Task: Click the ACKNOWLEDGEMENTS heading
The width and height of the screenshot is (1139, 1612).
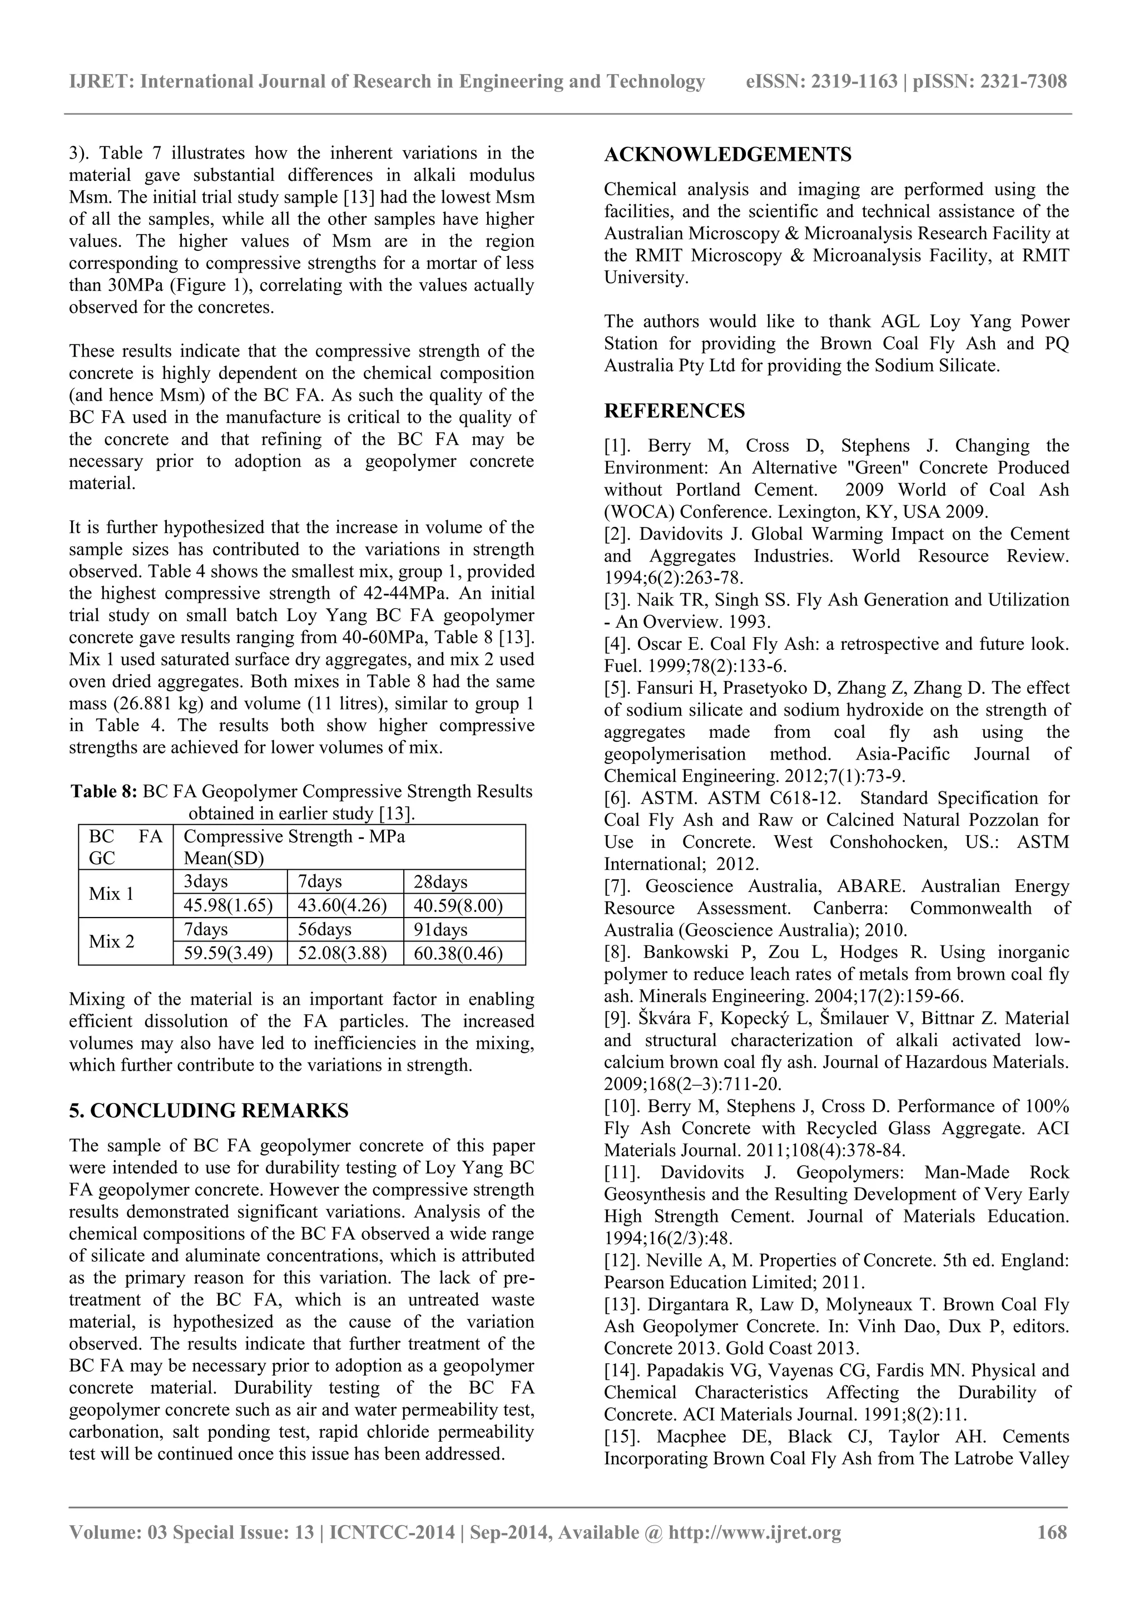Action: coord(728,155)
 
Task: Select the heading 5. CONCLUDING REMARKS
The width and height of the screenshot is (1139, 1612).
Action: coord(209,1111)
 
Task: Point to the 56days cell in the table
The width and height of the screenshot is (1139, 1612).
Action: coord(325,930)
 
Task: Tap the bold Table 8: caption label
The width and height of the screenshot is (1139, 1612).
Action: coord(104,792)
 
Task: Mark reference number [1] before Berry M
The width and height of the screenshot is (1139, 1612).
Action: coord(617,446)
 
